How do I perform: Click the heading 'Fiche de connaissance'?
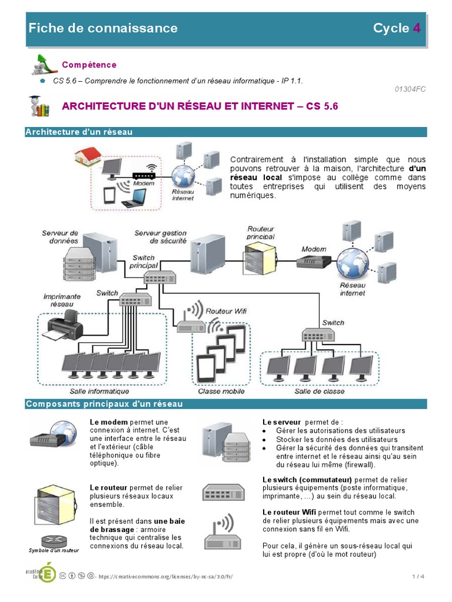click(103, 28)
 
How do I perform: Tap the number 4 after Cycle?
click(417, 28)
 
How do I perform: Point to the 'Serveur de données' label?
click(60, 237)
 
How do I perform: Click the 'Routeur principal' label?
click(261, 232)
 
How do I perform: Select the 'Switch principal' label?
click(144, 262)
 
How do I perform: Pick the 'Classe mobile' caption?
click(221, 391)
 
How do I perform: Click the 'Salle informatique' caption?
click(99, 391)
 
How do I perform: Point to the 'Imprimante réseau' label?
click(62, 300)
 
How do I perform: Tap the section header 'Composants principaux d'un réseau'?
click(104, 404)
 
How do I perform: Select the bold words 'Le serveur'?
click(281, 422)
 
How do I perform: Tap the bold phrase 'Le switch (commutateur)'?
click(307, 479)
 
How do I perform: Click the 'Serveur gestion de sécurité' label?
click(160, 237)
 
